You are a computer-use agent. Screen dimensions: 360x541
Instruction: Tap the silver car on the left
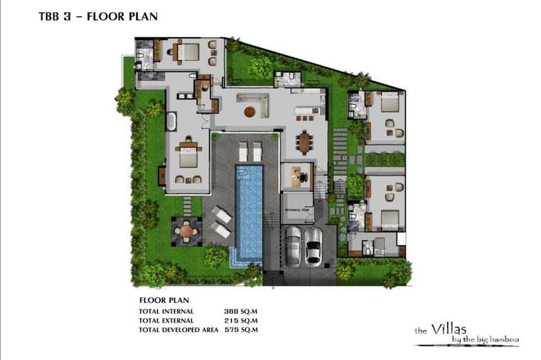point(293,245)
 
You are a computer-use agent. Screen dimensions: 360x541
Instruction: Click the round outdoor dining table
point(187,230)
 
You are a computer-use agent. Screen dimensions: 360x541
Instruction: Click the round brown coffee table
point(249,112)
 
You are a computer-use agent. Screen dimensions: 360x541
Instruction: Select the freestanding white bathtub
point(172,121)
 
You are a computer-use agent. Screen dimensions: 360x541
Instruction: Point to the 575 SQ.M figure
point(240,329)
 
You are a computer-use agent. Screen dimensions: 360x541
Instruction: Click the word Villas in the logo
point(451,329)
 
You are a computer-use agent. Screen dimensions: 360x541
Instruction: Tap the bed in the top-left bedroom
point(187,52)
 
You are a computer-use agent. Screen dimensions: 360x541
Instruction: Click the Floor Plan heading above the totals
point(162,300)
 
